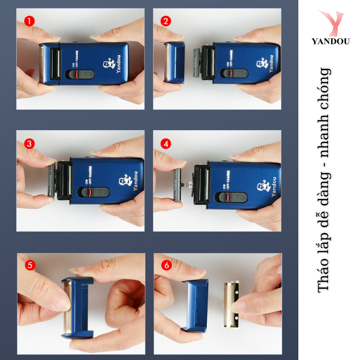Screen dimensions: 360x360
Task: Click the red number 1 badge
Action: tap(29, 21)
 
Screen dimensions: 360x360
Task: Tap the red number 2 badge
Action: tap(166, 21)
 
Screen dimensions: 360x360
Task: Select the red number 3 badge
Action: tap(29, 144)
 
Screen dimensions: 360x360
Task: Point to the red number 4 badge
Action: tap(166, 144)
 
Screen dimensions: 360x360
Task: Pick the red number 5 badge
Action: tap(30, 265)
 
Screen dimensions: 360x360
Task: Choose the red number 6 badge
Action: tap(166, 265)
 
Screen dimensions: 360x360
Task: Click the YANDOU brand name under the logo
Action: tap(331, 41)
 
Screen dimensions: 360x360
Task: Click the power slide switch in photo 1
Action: tap(80, 74)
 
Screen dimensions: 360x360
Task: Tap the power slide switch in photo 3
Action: tap(94, 192)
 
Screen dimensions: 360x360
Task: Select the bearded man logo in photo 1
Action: tap(108, 63)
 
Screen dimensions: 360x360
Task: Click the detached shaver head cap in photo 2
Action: tap(175, 62)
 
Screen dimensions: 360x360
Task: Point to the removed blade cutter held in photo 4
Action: tap(177, 185)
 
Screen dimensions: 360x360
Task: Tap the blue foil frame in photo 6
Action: tap(196, 306)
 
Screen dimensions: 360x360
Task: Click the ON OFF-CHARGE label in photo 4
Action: tap(226, 180)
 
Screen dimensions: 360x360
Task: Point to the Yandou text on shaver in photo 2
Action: tap(271, 63)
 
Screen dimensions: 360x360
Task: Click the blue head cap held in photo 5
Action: tap(78, 308)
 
